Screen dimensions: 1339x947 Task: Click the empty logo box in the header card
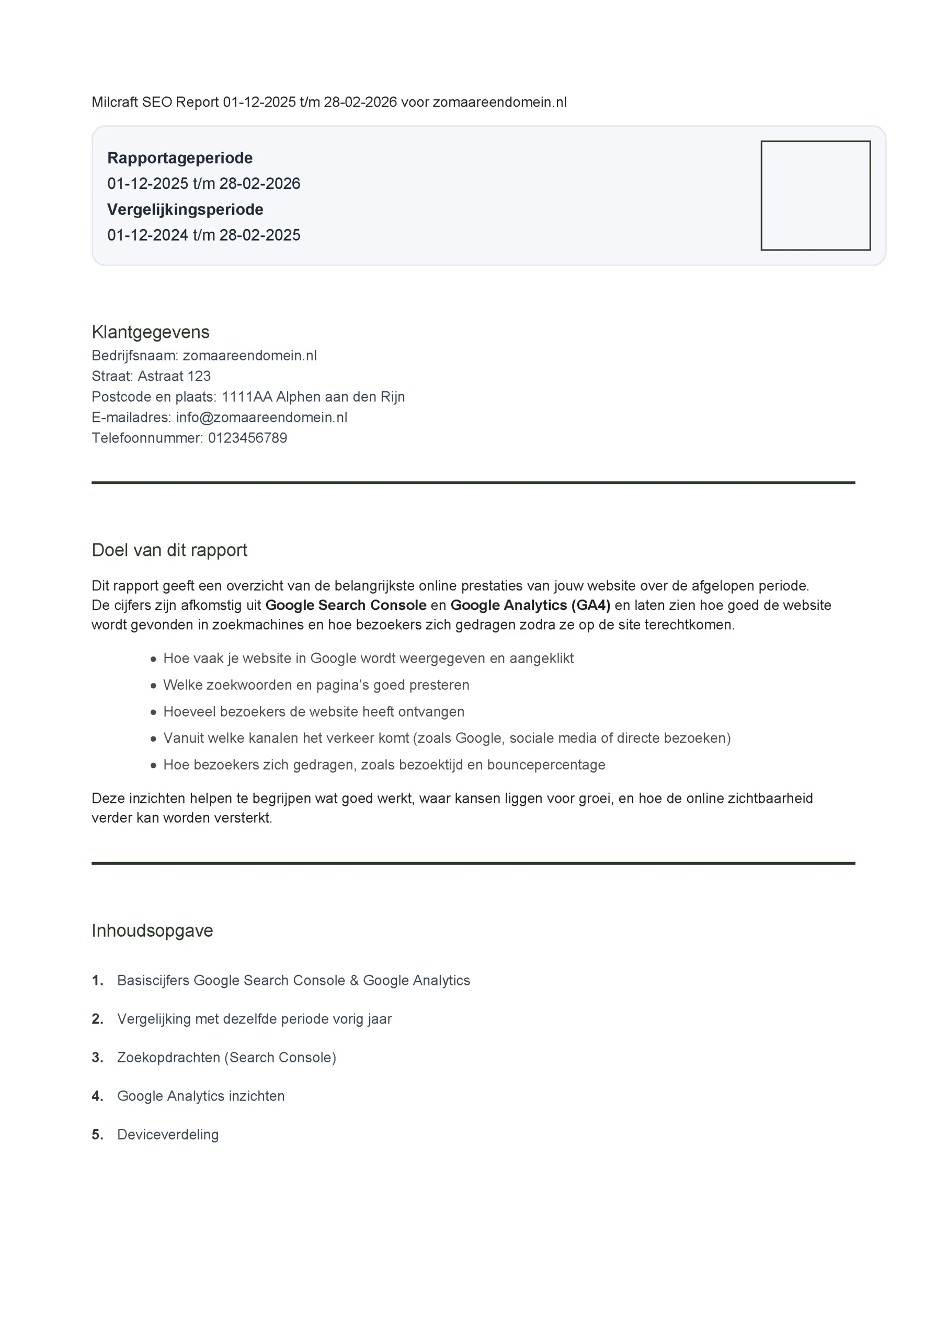(x=815, y=196)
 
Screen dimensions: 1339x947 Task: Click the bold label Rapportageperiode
(x=179, y=158)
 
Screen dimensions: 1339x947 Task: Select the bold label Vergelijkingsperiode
(x=185, y=209)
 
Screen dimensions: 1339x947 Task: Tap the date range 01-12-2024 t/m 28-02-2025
(x=203, y=235)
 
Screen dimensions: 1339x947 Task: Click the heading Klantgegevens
(x=151, y=332)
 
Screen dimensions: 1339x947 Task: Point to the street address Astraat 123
(x=174, y=376)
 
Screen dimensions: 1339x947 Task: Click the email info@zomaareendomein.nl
(x=261, y=417)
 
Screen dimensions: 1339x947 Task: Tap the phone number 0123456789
(x=247, y=438)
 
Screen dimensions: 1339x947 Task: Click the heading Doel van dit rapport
(x=169, y=550)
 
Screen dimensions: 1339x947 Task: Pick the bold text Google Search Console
(x=346, y=605)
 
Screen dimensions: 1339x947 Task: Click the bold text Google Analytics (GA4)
(x=530, y=605)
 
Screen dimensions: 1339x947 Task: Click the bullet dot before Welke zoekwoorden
(x=153, y=685)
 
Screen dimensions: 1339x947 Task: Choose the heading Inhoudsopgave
(x=152, y=930)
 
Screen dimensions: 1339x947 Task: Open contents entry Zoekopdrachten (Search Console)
(x=226, y=1057)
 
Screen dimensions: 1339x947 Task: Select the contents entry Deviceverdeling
(x=168, y=1134)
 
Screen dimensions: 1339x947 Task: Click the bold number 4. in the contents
(x=97, y=1096)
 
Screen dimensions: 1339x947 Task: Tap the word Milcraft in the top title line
(x=115, y=102)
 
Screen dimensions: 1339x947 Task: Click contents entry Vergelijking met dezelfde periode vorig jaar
(x=254, y=1019)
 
